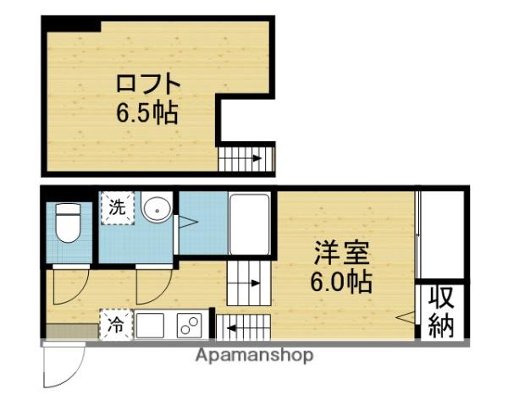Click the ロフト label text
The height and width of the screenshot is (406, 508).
click(148, 85)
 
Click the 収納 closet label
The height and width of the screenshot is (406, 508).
click(441, 311)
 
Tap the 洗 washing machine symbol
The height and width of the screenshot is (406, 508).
click(118, 206)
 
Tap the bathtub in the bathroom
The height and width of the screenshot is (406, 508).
click(249, 223)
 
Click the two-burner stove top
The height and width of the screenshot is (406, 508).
click(189, 324)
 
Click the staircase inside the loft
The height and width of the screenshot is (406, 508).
click(246, 157)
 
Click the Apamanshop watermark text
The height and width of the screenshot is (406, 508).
click(254, 355)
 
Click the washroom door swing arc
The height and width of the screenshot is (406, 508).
click(152, 286)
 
